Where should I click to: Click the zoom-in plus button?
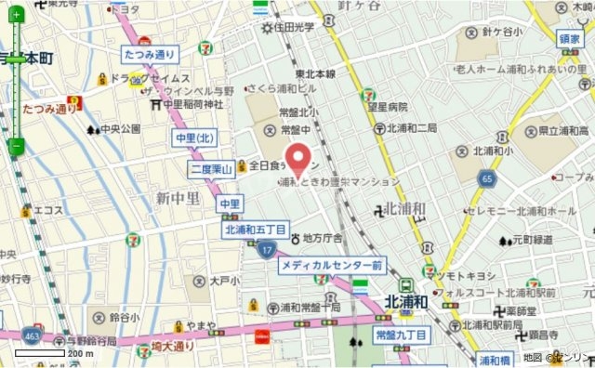click(x=16, y=16)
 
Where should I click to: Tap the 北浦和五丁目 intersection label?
click(x=256, y=228)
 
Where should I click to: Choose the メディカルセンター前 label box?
click(x=332, y=266)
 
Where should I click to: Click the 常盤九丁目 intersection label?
click(x=400, y=334)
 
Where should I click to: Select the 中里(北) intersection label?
click(x=195, y=138)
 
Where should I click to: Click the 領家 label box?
click(x=570, y=39)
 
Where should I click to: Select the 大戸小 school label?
click(x=224, y=281)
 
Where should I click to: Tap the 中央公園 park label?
click(x=121, y=128)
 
